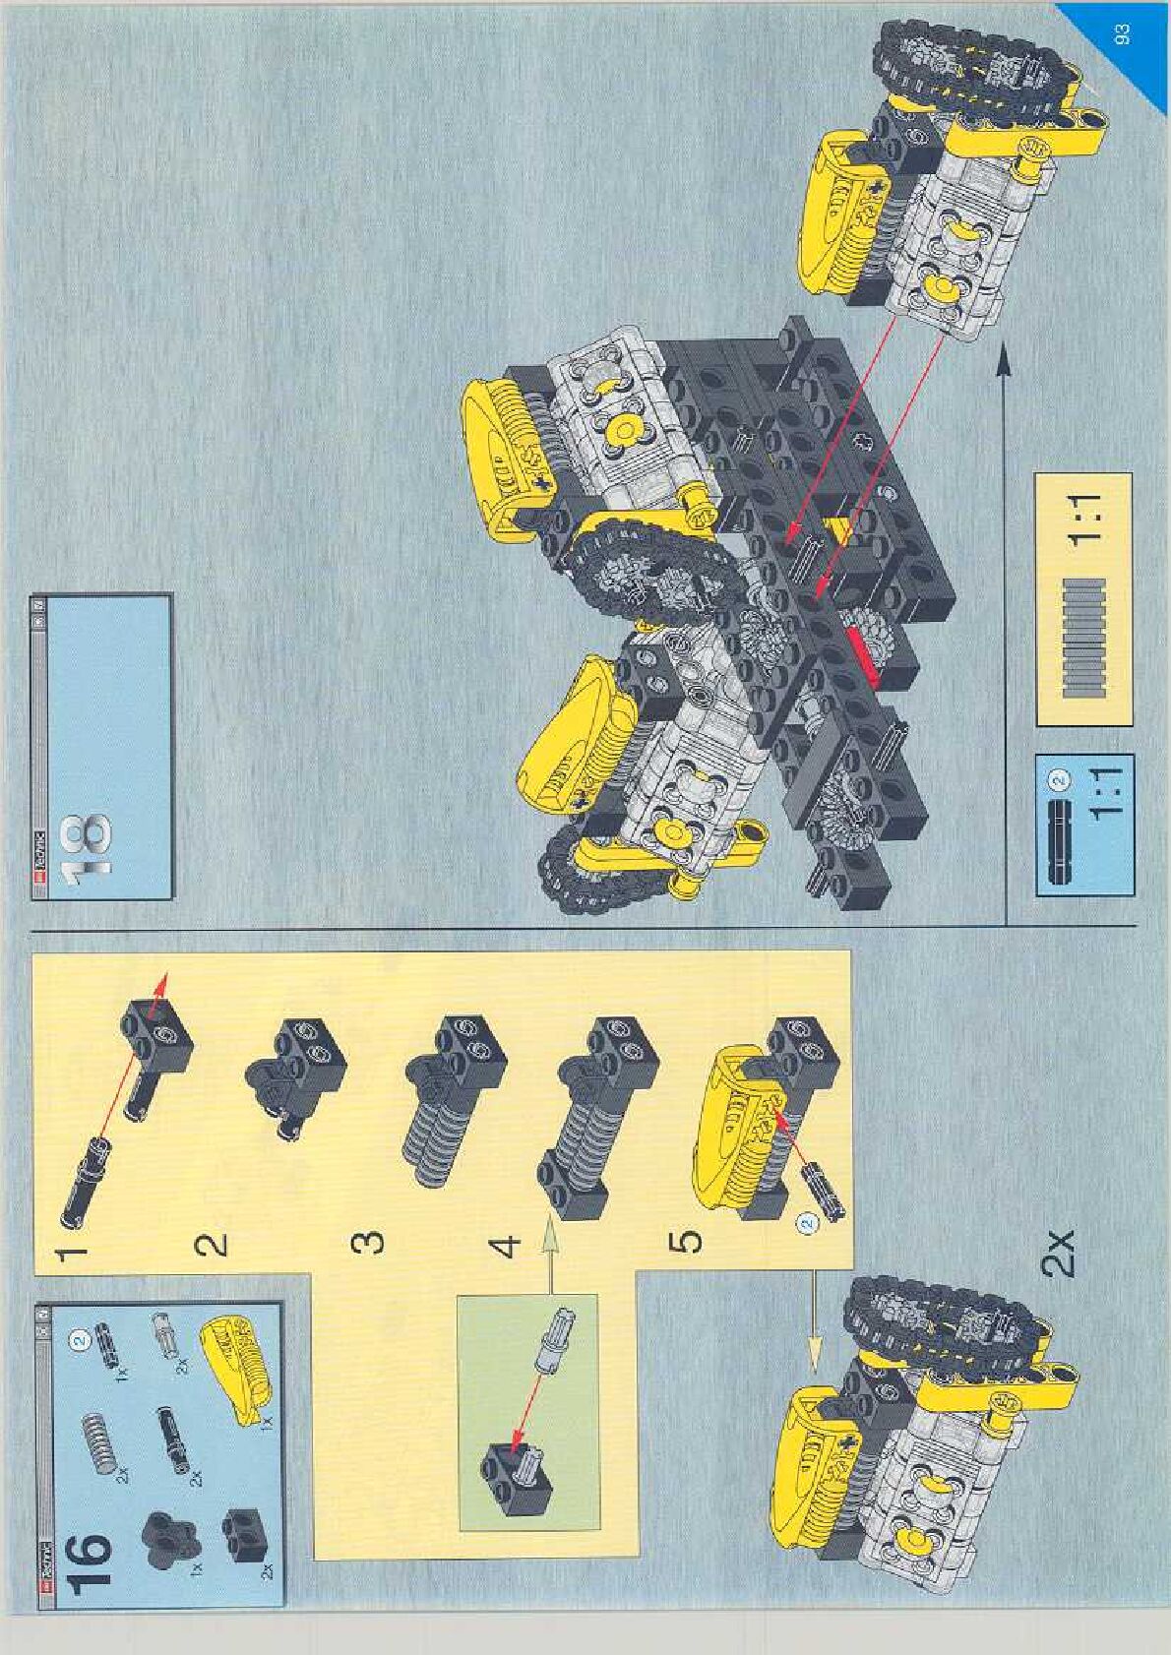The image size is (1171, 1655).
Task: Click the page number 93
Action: (x=1123, y=35)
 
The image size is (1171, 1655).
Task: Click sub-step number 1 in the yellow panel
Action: (x=72, y=1255)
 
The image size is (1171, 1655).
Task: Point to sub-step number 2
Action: (x=213, y=1245)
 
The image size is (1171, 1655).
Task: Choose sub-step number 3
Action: (x=368, y=1244)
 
